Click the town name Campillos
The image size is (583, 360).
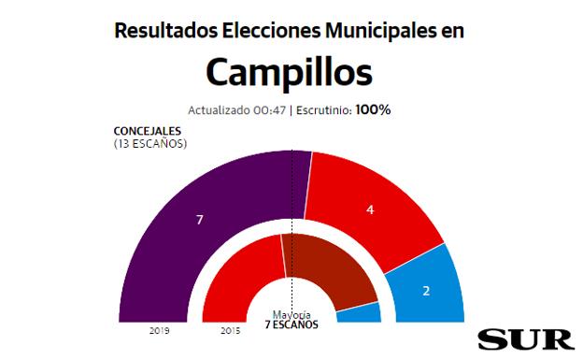[x=289, y=72]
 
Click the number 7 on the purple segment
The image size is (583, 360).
[x=200, y=220]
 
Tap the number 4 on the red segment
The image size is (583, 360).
[x=370, y=210]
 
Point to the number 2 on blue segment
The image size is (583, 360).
[x=426, y=291]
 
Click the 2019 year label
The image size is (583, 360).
[x=159, y=330]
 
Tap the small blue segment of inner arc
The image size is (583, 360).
[x=361, y=313]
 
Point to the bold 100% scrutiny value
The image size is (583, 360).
[x=372, y=109]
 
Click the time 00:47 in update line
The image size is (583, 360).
[x=269, y=110]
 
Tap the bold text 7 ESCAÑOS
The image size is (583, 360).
[x=291, y=324]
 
